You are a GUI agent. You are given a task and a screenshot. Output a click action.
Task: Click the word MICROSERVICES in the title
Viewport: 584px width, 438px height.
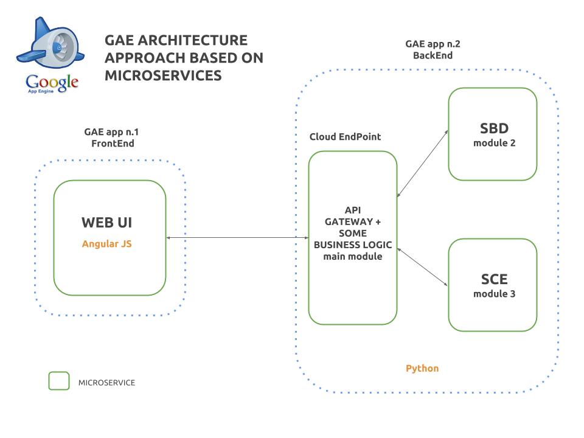(162, 75)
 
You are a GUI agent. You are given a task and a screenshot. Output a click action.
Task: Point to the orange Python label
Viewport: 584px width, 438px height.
(422, 368)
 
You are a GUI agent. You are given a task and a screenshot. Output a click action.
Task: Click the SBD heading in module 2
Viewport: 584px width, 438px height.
(493, 128)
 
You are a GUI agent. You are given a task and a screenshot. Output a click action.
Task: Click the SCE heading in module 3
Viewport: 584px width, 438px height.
(493, 280)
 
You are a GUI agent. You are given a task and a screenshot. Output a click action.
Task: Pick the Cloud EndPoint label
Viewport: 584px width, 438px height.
(344, 136)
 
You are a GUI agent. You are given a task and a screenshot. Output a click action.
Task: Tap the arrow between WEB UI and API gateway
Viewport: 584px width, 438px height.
(237, 238)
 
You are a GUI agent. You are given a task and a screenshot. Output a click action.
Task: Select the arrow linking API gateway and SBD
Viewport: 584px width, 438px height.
(423, 163)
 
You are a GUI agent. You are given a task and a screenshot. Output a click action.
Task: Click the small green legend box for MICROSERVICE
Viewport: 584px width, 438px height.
(59, 381)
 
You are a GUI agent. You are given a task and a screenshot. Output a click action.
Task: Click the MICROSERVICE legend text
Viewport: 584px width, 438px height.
(106, 383)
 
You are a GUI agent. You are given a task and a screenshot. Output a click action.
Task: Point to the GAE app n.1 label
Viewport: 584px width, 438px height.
(115, 132)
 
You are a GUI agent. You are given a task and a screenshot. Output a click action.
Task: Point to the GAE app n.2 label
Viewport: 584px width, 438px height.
(433, 44)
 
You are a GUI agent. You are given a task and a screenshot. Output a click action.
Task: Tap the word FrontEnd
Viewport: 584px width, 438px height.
(113, 144)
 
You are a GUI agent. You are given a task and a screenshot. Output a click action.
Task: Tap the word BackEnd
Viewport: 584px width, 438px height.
(433, 55)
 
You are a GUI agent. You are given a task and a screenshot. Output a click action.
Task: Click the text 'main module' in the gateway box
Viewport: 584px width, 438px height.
(353, 257)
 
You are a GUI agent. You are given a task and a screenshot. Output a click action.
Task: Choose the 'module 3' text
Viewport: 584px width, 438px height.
(493, 294)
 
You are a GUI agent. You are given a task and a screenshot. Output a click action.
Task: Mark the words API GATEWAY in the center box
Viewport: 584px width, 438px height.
(353, 216)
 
